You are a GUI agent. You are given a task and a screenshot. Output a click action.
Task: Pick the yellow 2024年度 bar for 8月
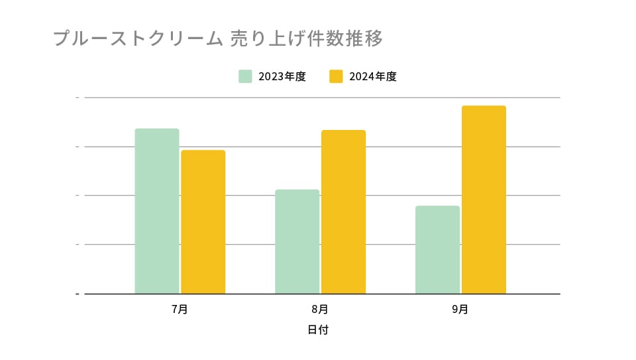pos(343,211)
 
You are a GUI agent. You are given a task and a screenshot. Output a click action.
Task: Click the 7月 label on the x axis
pos(180,309)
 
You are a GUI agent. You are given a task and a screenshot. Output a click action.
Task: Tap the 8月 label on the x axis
pos(320,309)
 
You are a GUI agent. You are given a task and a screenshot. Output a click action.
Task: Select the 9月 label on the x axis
pos(460,309)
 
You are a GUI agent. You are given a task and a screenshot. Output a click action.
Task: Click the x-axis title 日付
pos(318,330)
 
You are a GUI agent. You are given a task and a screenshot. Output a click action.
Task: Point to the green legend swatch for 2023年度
pos(245,76)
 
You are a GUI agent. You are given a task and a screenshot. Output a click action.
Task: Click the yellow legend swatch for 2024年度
pos(336,76)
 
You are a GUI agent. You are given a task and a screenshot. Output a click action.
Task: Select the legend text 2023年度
pos(282,76)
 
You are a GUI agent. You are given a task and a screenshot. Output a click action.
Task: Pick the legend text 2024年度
pos(373,76)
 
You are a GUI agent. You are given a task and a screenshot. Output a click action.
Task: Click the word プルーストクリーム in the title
pos(138,38)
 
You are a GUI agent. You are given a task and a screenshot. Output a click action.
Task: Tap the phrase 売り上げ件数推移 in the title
pos(306,38)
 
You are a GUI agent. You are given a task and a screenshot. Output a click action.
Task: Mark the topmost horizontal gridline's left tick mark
pos(78,97)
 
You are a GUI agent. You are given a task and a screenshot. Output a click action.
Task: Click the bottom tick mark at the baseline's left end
pos(78,293)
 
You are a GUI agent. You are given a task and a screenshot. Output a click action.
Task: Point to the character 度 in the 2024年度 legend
pos(392,76)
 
